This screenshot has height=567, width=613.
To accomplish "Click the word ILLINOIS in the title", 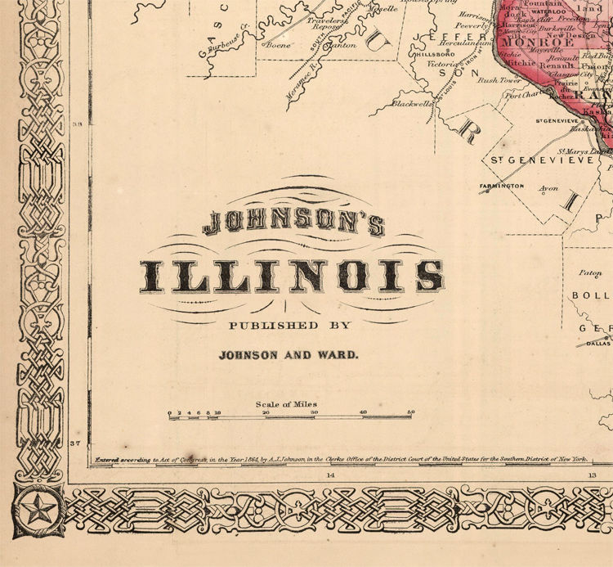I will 292,276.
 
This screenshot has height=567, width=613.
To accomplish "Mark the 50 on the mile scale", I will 411,412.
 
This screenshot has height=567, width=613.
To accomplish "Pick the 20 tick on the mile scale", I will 266,412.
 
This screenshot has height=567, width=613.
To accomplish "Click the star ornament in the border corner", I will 35,513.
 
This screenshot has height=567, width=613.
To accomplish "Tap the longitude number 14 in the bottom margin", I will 331,475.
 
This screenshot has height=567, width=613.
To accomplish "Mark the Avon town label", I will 548,187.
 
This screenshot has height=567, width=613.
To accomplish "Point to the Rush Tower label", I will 499,80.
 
